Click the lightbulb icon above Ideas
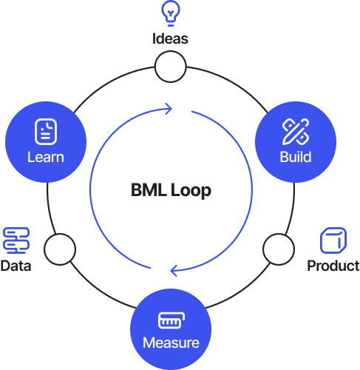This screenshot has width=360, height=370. pos(171,13)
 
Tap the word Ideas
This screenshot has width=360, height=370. pos(170,38)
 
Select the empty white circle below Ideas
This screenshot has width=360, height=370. pos(170,67)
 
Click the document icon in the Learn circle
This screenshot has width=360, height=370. pos(46,132)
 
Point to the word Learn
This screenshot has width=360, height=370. pos(46,157)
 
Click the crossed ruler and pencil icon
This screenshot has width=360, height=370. pos(296,132)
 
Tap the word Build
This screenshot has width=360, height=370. pos(296,157)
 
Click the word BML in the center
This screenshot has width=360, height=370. pos(149,190)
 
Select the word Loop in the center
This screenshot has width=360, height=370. pos(191,191)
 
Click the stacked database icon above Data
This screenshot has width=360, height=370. pos(16,240)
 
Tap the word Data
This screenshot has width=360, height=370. pos(16,266)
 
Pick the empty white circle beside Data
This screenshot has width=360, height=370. pos(60,249)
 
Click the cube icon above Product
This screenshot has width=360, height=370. pos(333,240)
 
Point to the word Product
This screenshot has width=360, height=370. pos(333,266)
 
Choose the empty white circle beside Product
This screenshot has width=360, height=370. pos(279,249)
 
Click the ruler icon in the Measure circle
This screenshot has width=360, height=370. pos(171,320)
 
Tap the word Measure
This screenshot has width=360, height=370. pos(171,343)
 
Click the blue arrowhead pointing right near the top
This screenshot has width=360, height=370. pos(169,109)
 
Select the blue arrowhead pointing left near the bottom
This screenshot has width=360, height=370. pos(174,271)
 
